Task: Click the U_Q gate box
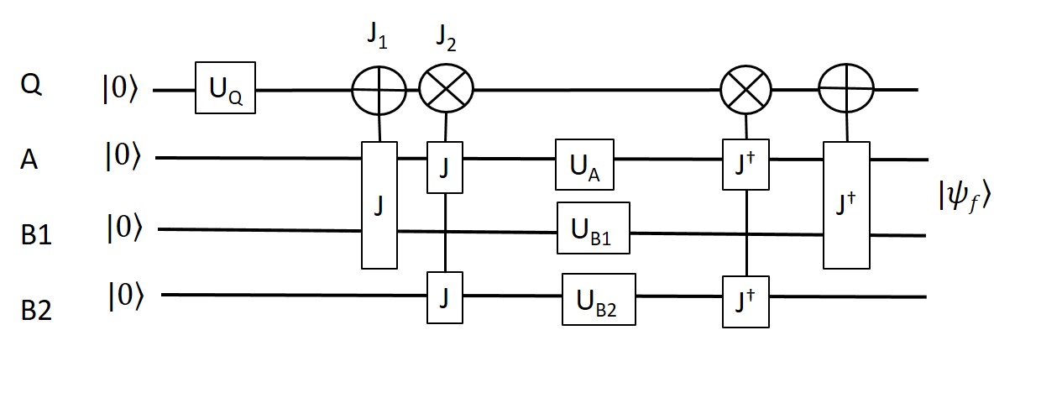point(225,87)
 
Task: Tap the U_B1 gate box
point(593,227)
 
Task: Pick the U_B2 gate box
point(599,297)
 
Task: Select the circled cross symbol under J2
point(447,88)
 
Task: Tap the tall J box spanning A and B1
point(379,205)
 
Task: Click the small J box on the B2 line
point(445,297)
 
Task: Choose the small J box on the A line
point(445,161)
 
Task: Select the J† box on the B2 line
point(745,297)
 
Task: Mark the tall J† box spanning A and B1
point(846,205)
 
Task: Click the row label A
point(28,160)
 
